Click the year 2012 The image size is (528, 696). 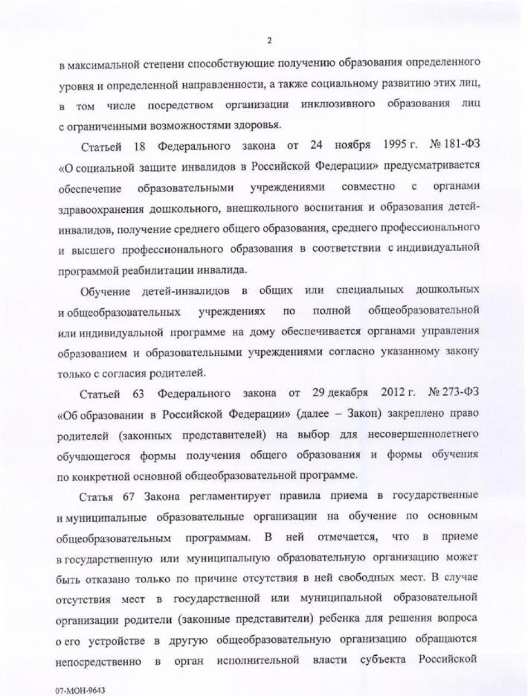394,393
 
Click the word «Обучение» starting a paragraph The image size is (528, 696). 105,291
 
